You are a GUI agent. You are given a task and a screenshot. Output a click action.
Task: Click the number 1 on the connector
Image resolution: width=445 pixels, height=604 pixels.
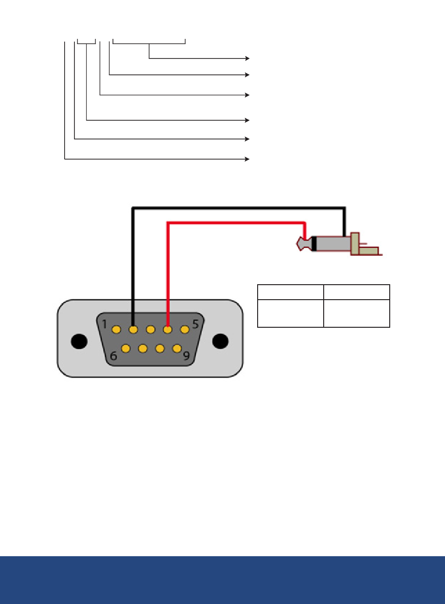[x=104, y=324]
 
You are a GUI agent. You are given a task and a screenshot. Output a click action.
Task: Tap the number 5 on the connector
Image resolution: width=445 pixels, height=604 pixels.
[x=195, y=324]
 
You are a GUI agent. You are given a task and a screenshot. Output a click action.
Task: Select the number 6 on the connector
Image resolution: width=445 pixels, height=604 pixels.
[x=113, y=356]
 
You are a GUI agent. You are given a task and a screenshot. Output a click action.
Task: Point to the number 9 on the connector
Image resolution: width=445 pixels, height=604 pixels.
[x=186, y=356]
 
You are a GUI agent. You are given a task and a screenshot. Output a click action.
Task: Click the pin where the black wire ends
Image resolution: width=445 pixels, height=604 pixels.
[x=133, y=330]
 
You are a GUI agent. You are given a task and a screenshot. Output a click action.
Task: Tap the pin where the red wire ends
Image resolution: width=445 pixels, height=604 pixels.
[x=168, y=330]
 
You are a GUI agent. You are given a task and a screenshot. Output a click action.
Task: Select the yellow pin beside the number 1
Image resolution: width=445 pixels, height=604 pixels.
[x=116, y=330]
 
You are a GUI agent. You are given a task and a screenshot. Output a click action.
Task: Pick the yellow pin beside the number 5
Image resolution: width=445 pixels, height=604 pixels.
[x=185, y=330]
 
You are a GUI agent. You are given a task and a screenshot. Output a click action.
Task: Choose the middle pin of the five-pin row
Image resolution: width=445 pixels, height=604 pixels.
[x=150, y=330]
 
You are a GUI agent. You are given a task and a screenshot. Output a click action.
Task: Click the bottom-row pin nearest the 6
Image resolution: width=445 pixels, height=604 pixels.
[x=126, y=348]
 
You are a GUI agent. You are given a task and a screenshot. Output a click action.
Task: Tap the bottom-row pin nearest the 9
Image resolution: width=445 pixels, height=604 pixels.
[x=177, y=348]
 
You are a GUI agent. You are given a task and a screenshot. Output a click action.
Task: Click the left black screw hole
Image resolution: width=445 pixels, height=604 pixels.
[x=79, y=341]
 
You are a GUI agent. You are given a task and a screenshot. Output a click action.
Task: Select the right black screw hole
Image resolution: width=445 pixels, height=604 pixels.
[x=220, y=341]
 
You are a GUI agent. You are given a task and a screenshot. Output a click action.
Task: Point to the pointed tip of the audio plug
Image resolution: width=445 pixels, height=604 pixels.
[x=297, y=244]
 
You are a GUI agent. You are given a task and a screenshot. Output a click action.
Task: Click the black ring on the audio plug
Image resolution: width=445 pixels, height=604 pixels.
[x=314, y=243]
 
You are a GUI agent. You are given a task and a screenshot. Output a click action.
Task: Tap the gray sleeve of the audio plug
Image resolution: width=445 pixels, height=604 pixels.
[x=334, y=243]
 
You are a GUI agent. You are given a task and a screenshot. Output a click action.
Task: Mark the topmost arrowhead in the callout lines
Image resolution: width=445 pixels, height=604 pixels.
[x=247, y=59]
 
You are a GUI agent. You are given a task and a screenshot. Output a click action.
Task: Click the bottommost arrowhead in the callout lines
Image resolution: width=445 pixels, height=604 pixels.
[x=247, y=159]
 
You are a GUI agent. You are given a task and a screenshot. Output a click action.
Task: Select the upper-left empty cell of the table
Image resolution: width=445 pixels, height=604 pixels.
[x=290, y=292]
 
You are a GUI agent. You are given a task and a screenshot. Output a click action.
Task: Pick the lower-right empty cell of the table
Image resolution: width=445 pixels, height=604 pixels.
[x=356, y=313]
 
